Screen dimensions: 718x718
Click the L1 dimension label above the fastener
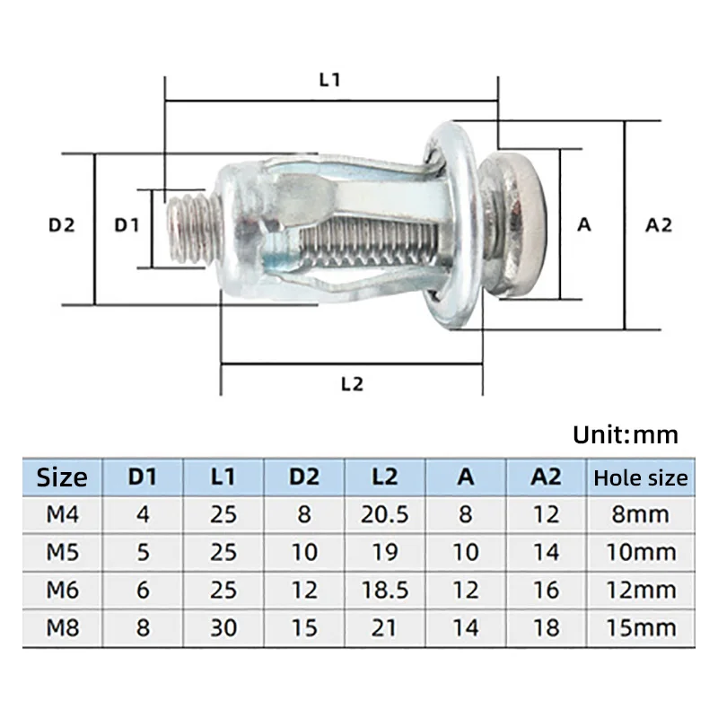330,79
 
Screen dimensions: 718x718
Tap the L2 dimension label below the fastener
352,383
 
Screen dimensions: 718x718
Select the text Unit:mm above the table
626,435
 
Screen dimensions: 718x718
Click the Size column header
62,477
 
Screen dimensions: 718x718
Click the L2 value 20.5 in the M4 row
384,514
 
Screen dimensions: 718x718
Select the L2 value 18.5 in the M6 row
384,590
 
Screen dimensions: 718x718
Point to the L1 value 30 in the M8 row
223,627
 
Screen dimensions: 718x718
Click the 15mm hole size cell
640,627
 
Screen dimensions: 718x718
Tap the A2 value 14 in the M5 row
546,552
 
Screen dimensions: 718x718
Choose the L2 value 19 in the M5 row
384,552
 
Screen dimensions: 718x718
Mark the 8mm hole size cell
640,514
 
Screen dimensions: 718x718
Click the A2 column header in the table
546,477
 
